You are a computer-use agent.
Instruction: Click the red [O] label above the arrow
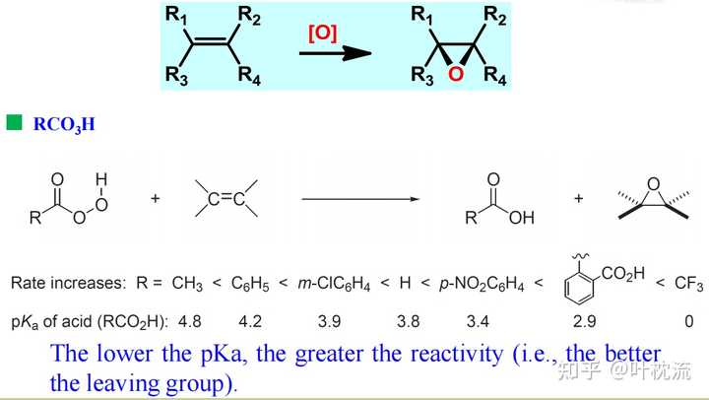[322, 33]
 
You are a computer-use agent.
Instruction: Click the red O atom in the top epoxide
[456, 74]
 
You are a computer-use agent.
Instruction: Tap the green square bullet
[14, 122]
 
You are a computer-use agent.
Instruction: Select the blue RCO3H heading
[64, 124]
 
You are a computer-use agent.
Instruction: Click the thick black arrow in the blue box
[335, 53]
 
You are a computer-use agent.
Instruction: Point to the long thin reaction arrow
[360, 199]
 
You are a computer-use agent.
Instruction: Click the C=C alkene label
[226, 199]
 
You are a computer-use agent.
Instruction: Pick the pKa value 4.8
[189, 321]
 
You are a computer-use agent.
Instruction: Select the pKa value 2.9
[584, 321]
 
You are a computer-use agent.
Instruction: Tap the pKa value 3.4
[478, 321]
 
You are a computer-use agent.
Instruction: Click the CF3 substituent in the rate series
[688, 284]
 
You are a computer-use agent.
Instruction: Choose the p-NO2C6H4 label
[482, 284]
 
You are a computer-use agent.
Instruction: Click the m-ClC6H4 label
[334, 284]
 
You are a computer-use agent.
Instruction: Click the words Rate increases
[67, 283]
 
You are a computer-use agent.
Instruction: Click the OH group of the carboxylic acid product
[521, 218]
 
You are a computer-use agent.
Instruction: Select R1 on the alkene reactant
[177, 15]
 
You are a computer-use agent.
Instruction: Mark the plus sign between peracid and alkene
[156, 198]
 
